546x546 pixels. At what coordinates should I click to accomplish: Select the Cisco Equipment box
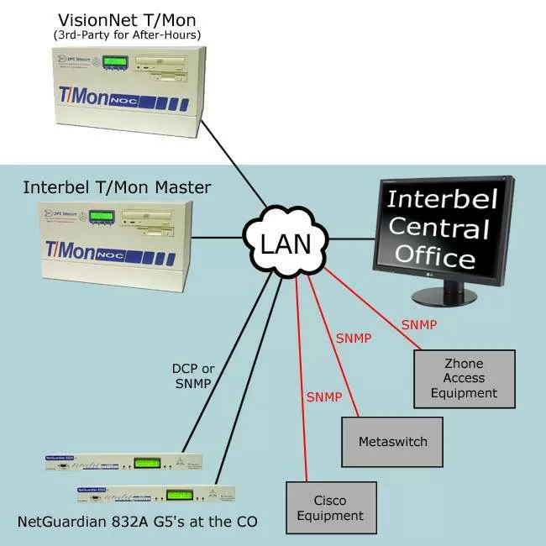325,507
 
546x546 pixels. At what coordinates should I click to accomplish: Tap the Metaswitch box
392,441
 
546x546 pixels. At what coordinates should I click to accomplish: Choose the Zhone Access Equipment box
465,378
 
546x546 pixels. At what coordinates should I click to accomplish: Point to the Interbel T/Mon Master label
117,186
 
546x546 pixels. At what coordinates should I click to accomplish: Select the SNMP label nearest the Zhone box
418,324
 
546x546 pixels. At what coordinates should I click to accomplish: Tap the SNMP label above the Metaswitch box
354,339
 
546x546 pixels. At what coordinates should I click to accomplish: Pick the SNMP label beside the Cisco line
323,396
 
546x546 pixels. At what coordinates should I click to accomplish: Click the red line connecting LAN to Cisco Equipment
303,395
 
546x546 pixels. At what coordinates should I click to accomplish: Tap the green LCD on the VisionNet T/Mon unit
115,61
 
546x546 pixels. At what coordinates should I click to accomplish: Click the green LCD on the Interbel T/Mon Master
102,216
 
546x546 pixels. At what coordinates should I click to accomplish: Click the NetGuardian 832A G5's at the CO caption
137,522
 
